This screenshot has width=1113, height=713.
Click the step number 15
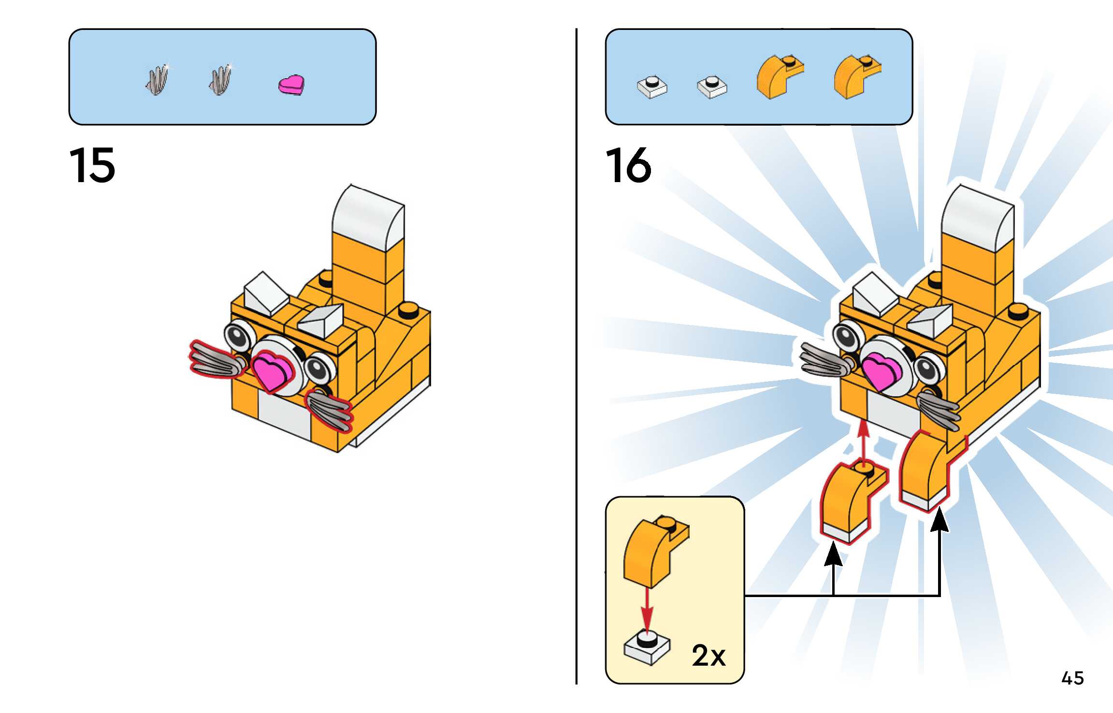92,166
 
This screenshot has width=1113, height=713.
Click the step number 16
628,166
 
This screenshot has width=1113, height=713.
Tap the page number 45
1072,678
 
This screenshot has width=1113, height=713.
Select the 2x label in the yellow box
708,656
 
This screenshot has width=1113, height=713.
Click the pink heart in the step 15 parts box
291,85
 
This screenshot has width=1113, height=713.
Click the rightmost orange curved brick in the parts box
856,76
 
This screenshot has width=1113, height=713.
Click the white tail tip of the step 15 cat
368,217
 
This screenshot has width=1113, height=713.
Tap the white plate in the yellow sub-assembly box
647,647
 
